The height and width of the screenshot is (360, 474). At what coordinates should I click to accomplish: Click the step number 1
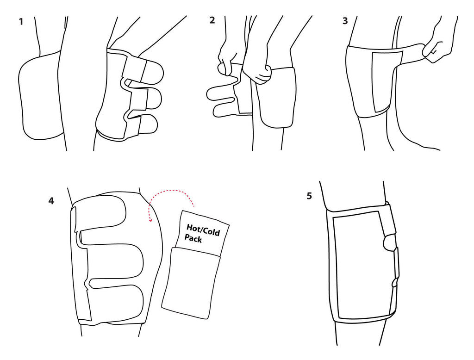(x=21, y=22)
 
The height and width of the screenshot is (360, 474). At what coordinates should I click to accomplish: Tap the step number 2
(x=212, y=20)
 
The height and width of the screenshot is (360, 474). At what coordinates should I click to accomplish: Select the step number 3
(x=345, y=21)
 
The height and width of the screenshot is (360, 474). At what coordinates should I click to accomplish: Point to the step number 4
(x=51, y=201)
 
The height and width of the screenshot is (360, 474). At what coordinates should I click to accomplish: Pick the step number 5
(x=309, y=196)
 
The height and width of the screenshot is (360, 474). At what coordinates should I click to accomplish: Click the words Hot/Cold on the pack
(x=203, y=230)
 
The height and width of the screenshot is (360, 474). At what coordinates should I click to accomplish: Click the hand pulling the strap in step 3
(x=438, y=45)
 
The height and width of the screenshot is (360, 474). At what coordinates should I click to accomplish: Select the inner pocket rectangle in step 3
(x=387, y=81)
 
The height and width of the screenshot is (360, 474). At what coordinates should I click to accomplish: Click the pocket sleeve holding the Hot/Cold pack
(x=190, y=283)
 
